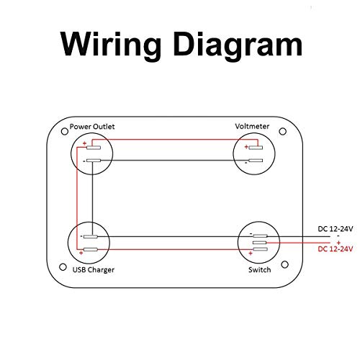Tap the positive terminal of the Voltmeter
pyautogui.click(x=256, y=147)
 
